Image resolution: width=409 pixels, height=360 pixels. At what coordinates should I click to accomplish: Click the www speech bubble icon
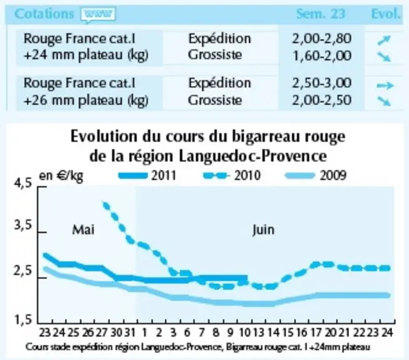98,14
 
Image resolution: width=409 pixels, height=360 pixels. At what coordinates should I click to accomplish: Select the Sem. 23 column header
320,14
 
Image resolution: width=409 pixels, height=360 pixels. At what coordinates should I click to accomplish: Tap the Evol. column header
385,14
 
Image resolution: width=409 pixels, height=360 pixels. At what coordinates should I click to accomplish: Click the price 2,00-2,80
322,39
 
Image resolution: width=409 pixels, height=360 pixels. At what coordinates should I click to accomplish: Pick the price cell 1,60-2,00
322,56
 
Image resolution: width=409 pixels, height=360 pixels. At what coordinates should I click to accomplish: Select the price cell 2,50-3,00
322,83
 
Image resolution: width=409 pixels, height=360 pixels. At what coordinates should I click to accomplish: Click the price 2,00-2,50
322,100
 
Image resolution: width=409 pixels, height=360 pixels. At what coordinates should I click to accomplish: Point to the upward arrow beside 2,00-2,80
384,40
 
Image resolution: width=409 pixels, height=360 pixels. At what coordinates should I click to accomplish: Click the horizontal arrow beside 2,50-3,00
385,85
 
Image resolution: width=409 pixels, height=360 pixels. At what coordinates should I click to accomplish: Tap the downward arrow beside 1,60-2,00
384,57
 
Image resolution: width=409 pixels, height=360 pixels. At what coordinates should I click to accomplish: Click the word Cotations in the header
44,14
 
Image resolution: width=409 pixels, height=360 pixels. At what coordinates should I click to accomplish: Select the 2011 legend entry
147,175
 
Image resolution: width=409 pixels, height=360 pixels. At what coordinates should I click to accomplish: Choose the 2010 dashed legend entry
232,175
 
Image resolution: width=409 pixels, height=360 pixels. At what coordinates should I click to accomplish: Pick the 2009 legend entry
316,175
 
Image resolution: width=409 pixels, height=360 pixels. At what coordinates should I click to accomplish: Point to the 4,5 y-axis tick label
23,183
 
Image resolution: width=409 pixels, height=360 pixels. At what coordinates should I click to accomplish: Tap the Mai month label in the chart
83,230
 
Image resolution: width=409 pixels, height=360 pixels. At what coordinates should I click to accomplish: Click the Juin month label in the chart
264,230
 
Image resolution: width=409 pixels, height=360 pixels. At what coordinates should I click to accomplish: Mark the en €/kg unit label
61,176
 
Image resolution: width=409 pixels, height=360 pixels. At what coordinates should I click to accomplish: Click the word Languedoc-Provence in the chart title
254,156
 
